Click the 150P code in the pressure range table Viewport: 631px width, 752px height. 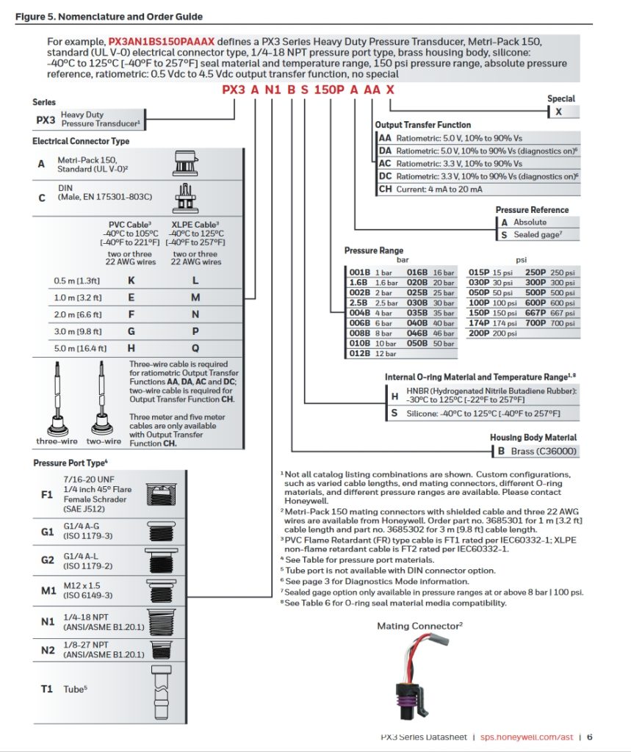479,313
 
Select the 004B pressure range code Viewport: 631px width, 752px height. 359,313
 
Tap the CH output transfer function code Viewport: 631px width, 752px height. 385,189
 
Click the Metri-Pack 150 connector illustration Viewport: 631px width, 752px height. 184,164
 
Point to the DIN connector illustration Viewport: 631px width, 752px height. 184,198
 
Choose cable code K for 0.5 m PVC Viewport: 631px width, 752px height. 131,281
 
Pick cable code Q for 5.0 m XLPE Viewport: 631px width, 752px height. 195,348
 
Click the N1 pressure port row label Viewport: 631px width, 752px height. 48,621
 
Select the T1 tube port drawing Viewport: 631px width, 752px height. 162,692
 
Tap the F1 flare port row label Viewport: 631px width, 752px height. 46,494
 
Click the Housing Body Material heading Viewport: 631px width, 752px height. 533,438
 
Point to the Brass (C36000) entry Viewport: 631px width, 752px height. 543,452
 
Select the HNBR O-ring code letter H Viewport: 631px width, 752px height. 394,396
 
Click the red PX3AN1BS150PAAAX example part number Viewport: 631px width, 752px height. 161,42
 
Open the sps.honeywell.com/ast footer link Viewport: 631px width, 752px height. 527,737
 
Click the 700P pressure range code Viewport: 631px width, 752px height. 536,323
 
